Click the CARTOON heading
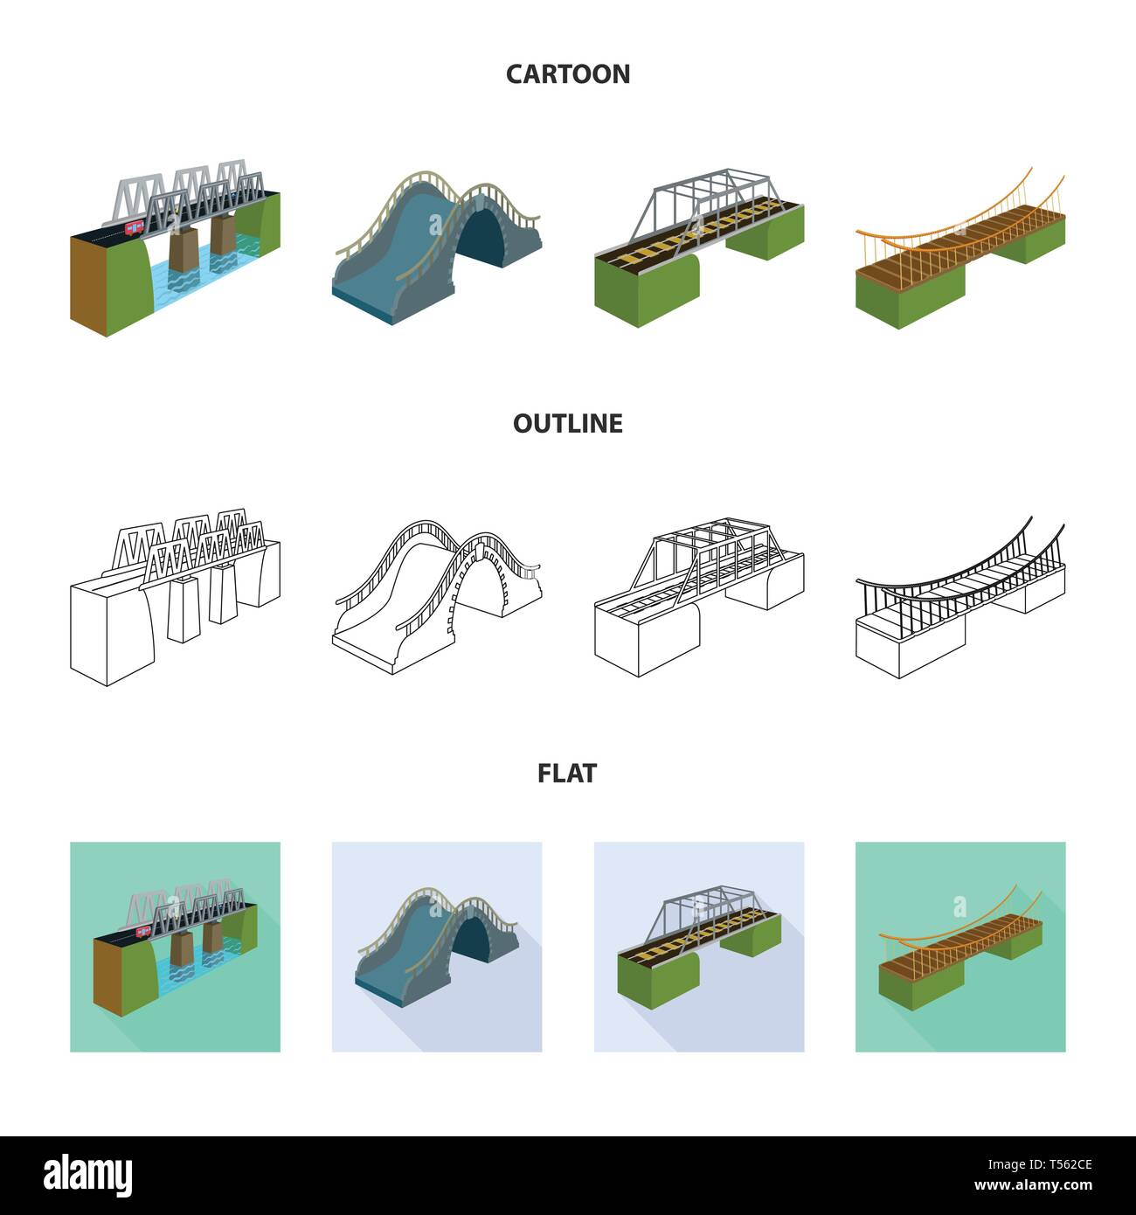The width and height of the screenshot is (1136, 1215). tap(567, 74)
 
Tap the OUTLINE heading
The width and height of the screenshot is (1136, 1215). tap(567, 424)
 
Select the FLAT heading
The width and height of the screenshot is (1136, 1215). tap(567, 774)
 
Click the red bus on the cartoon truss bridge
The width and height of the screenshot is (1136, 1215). tap(135, 228)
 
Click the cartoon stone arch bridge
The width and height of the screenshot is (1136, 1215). tap(437, 249)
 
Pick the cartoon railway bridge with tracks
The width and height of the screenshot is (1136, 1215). tap(699, 249)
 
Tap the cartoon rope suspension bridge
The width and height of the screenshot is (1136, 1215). tap(960, 249)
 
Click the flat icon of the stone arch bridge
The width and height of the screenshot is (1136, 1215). tap(437, 947)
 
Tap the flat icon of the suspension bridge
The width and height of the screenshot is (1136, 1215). tap(960, 947)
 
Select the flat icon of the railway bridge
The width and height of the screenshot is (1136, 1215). tap(699, 947)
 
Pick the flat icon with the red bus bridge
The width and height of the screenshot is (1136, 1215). tap(175, 947)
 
